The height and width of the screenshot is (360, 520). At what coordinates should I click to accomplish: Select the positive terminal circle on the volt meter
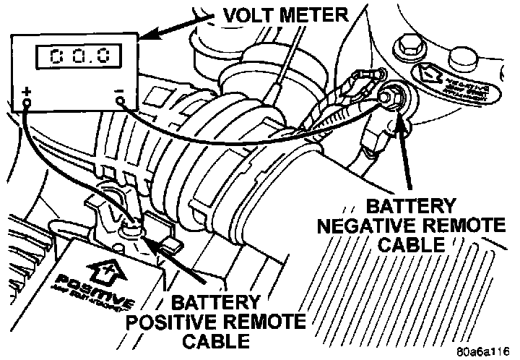[x=27, y=103]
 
